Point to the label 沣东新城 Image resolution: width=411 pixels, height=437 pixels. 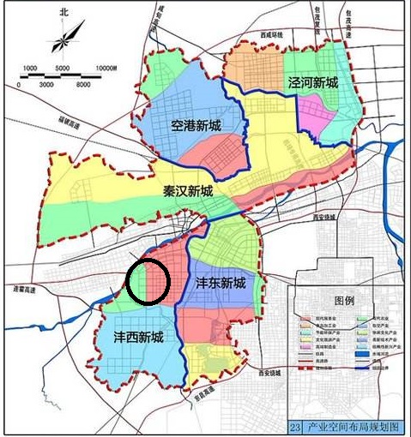pyautogui.click(x=221, y=283)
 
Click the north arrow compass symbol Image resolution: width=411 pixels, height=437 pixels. pyautogui.click(x=64, y=39)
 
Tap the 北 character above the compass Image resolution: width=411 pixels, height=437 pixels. pyautogui.click(x=63, y=13)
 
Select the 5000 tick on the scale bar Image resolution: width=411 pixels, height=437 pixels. pyautogui.click(x=63, y=68)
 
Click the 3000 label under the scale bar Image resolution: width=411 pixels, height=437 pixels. pyautogui.click(x=46, y=86)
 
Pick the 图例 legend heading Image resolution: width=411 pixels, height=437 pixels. pyautogui.click(x=344, y=302)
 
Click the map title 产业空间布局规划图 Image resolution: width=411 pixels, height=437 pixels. pyautogui.click(x=352, y=427)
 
